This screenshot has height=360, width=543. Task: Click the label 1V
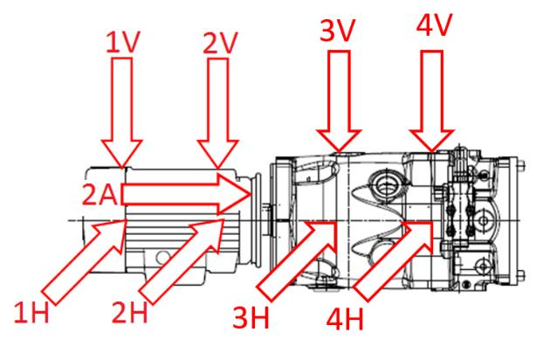[123, 43]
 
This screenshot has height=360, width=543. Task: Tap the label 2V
[220, 43]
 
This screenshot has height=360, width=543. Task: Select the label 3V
[337, 31]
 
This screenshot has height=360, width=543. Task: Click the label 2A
[100, 194]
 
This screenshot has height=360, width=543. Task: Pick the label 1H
[31, 313]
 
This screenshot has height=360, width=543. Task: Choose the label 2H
[129, 311]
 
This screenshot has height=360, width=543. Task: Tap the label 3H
[251, 317]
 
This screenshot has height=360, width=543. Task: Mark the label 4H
[345, 319]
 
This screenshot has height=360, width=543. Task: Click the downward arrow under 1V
[122, 113]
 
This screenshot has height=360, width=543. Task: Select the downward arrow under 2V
[218, 113]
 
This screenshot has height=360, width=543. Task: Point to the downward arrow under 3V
[339, 101]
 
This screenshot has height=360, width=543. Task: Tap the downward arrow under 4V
[431, 101]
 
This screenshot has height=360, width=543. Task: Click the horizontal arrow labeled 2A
[186, 194]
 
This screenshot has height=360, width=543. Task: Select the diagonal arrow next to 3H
[297, 260]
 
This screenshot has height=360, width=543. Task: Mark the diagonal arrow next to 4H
[394, 260]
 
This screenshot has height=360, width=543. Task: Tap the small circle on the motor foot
[162, 257]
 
